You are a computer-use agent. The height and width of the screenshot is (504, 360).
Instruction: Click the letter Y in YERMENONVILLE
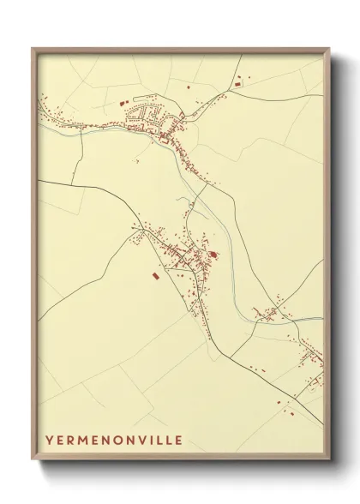tap(50, 441)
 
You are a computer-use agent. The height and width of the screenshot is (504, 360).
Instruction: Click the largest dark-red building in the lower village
tap(213, 254)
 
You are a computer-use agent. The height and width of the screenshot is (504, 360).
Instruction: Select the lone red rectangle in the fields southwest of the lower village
tap(155, 276)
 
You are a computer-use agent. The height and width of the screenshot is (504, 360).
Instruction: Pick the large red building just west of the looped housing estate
tap(132, 112)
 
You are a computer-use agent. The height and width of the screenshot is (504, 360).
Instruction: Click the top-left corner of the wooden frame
tap(33, 48)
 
